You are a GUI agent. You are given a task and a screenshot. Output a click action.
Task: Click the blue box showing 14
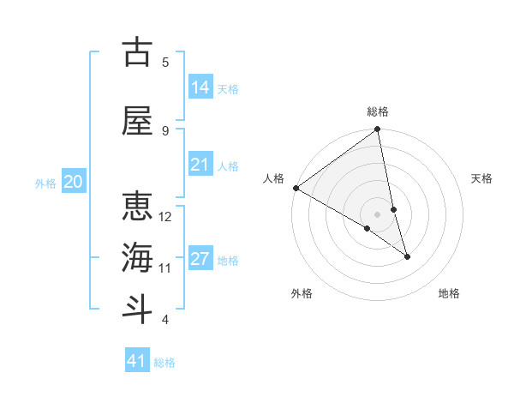200,87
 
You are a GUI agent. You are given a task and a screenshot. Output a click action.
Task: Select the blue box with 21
200,165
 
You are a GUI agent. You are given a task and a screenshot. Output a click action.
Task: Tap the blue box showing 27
200,259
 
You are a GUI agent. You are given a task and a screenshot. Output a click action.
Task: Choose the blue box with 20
74,182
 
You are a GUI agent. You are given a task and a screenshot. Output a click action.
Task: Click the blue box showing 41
138,361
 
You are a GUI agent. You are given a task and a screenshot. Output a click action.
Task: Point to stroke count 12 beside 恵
165,216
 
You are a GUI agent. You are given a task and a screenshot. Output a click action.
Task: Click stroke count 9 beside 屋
165,130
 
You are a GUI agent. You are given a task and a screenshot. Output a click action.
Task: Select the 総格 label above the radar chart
378,111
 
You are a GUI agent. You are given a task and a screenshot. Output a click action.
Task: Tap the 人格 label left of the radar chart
273,178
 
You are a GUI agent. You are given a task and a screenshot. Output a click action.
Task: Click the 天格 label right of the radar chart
482,178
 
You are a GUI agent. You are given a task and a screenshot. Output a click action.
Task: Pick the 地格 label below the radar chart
449,293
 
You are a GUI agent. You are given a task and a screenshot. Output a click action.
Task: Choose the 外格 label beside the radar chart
302,293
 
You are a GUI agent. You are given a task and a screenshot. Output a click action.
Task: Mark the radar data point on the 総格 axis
378,130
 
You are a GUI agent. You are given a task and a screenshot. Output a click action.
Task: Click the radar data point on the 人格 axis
296,188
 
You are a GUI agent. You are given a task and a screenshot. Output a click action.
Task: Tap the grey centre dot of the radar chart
378,214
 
